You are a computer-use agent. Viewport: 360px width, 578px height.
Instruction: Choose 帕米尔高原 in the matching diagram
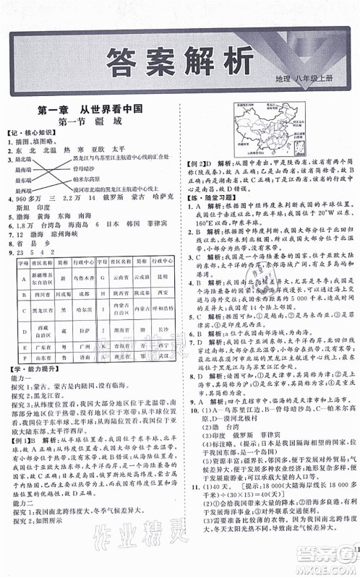(91, 177)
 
